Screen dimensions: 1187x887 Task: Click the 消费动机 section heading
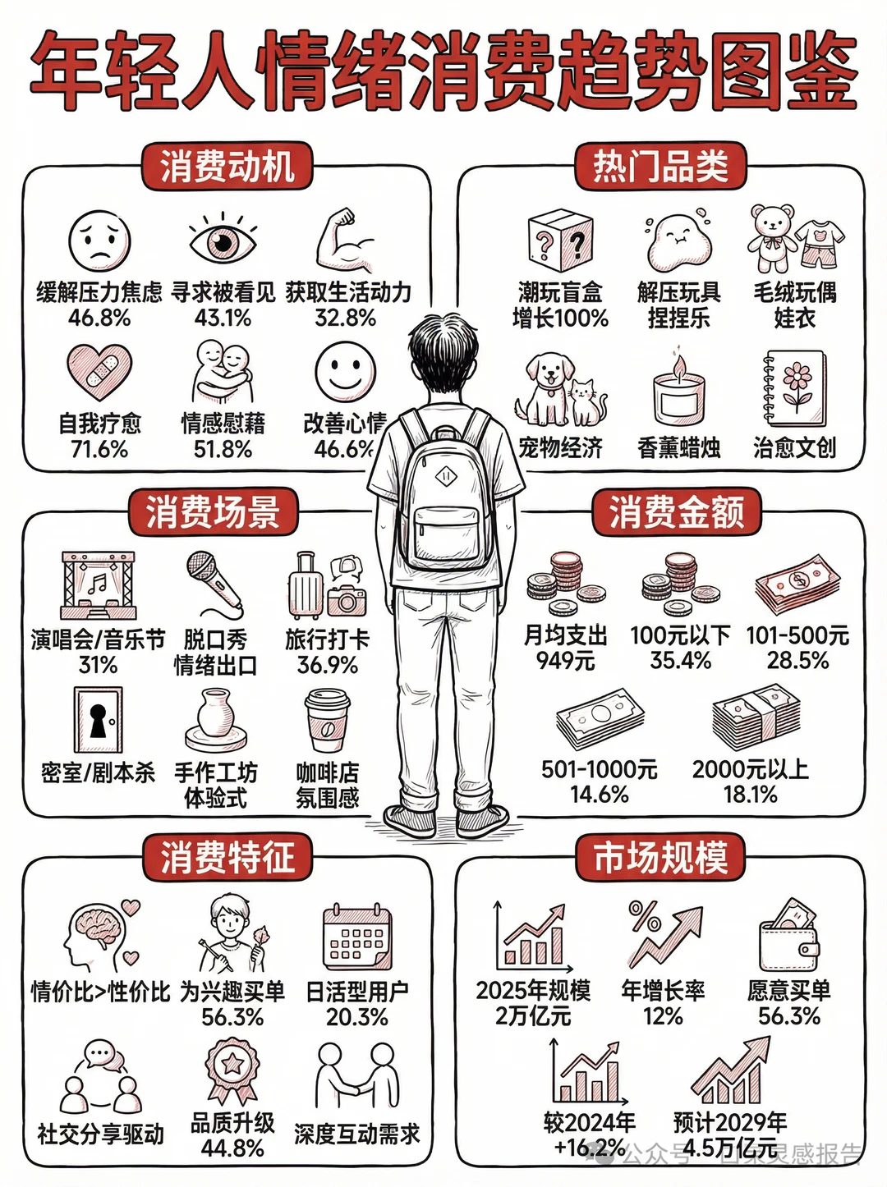pos(227,167)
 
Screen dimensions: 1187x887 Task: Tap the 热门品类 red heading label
pos(660,167)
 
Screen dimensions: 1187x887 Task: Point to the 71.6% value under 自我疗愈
pos(99,449)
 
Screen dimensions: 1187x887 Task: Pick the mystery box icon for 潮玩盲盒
pos(560,241)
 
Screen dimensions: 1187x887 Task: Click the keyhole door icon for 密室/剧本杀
pos(99,719)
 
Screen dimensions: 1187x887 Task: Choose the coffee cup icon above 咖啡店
pos(327,721)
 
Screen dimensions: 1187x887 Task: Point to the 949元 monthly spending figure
pos(565,661)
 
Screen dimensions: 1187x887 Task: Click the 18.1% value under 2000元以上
pos(750,794)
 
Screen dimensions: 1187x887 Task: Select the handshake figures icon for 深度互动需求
pos(357,1075)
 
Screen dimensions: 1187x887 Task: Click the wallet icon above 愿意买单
pos(788,936)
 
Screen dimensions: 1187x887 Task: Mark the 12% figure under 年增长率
pos(663,1016)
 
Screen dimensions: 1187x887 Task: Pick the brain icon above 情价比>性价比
pos(99,932)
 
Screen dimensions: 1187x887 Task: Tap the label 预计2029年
pos(729,1122)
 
